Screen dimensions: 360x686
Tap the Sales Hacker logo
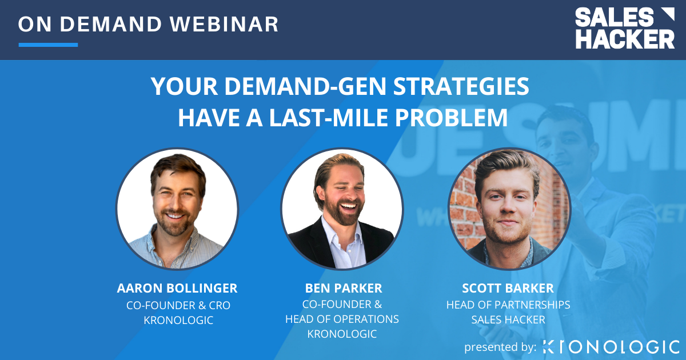[x=624, y=29]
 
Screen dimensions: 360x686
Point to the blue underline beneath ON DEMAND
[x=48, y=45]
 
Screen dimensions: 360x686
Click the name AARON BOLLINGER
[x=177, y=288]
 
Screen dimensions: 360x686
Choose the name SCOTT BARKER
[x=508, y=288]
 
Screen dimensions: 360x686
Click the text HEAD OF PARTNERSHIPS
[x=508, y=305]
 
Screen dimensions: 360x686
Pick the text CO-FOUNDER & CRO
[x=178, y=305]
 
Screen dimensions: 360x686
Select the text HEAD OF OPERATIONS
[x=342, y=319]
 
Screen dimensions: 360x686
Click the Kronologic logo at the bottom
[x=611, y=346]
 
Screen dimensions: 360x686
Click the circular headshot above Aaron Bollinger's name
[x=177, y=209]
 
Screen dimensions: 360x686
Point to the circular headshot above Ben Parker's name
[x=342, y=209]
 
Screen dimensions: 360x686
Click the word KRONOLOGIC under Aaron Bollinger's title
[x=178, y=321]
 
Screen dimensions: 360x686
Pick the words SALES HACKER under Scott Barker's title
[x=508, y=319]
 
